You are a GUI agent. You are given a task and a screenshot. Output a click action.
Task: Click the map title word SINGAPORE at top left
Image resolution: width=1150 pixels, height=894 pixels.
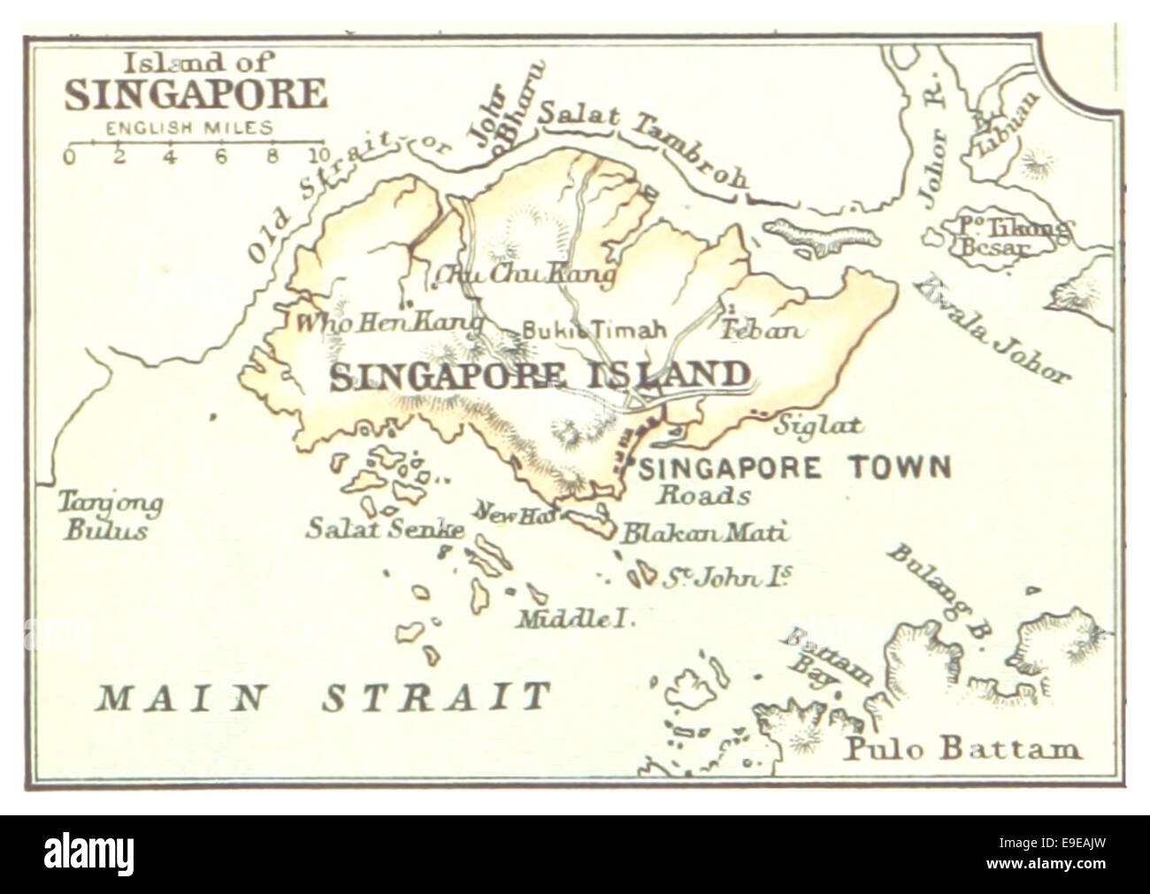pyautogui.click(x=195, y=96)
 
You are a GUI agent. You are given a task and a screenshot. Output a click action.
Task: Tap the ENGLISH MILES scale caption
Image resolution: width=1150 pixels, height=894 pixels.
pyautogui.click(x=189, y=128)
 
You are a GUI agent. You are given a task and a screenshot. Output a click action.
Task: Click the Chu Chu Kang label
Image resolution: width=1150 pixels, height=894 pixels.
pyautogui.click(x=524, y=277)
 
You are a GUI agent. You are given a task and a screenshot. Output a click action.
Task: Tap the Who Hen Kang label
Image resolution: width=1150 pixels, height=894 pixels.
pyautogui.click(x=388, y=323)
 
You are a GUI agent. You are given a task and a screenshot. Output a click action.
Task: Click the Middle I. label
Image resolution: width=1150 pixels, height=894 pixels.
pyautogui.click(x=576, y=619)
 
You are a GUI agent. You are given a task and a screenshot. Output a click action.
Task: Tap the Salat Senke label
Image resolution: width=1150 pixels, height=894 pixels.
pyautogui.click(x=385, y=529)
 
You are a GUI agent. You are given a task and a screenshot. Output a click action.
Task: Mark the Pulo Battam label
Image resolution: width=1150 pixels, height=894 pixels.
pyautogui.click(x=962, y=749)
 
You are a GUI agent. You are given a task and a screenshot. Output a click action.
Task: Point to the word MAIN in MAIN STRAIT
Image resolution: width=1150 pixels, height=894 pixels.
pyautogui.click(x=180, y=698)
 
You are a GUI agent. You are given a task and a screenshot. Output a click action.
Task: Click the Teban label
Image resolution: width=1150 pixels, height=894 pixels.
pyautogui.click(x=763, y=331)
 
